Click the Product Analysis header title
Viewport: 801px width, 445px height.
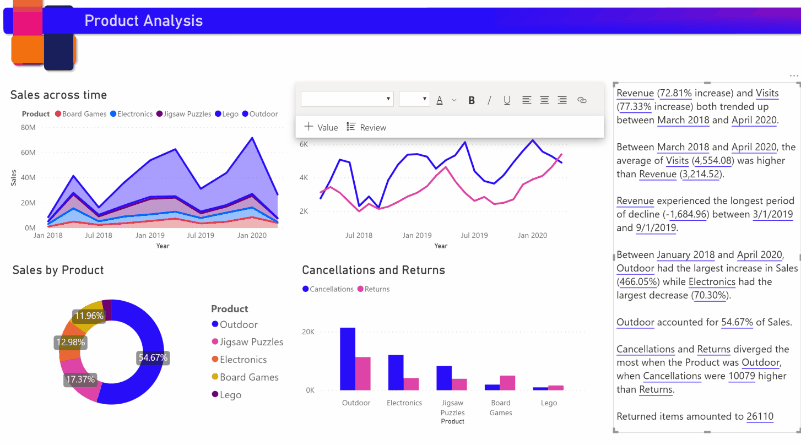(x=143, y=21)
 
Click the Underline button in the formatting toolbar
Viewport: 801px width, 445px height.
(x=507, y=100)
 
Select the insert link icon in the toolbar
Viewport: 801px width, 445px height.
(x=582, y=100)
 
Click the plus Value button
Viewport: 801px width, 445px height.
(x=321, y=127)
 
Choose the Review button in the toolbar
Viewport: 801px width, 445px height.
(x=366, y=127)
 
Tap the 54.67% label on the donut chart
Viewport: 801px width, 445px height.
(x=153, y=357)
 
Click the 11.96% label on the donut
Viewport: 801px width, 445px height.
(x=89, y=316)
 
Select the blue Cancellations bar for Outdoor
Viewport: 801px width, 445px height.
(x=347, y=359)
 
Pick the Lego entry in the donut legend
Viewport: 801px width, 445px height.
(x=230, y=395)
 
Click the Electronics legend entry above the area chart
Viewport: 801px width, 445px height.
(x=134, y=114)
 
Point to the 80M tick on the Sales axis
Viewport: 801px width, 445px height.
(x=28, y=128)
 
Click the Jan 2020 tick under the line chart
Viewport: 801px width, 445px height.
(x=532, y=235)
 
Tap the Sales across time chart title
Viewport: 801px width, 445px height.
(x=58, y=95)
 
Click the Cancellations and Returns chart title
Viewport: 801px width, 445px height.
(x=374, y=270)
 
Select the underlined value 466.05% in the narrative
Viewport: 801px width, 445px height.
(x=639, y=281)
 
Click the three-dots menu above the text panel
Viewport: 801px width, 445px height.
(x=793, y=75)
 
